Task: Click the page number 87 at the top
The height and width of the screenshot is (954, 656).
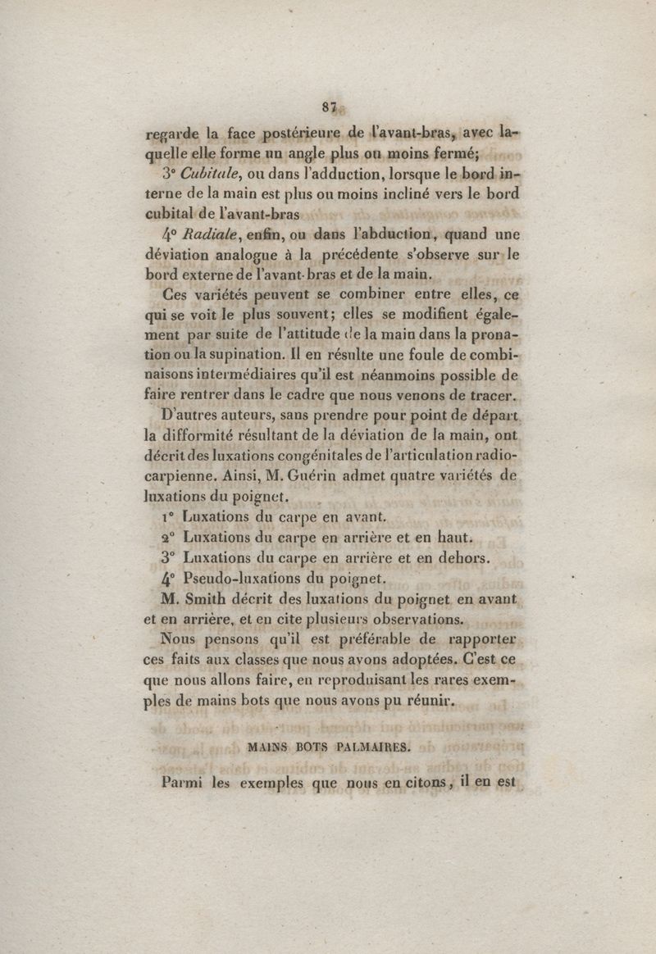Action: tap(330, 104)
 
